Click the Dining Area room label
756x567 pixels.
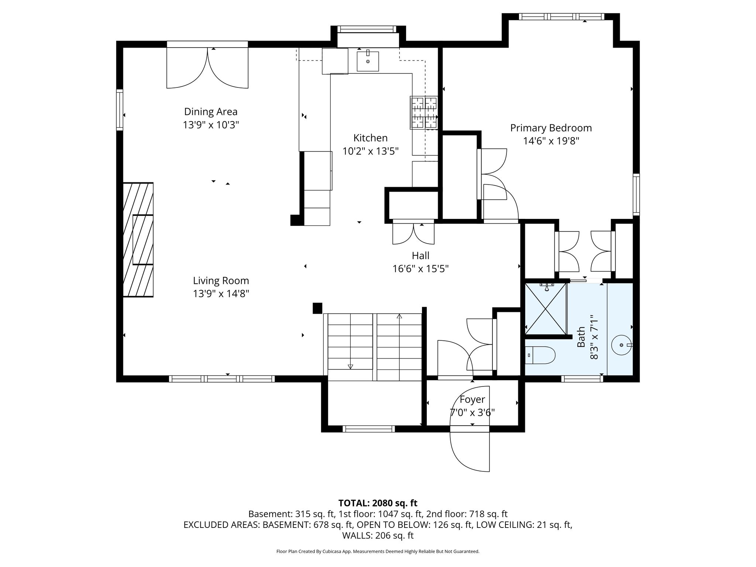click(211, 111)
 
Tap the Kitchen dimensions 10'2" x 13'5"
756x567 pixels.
click(371, 151)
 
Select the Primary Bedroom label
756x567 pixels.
click(551, 128)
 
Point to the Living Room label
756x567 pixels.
click(221, 281)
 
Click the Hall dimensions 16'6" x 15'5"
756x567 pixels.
click(420, 269)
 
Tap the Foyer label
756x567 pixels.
click(472, 399)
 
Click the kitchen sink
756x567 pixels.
click(368, 61)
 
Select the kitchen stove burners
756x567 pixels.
click(424, 113)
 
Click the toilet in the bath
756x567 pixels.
click(540, 355)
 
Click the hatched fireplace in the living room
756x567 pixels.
click(138, 240)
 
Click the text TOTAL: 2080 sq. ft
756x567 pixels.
click(378, 503)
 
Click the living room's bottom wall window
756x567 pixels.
click(222, 379)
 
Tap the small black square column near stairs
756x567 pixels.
click(317, 308)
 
